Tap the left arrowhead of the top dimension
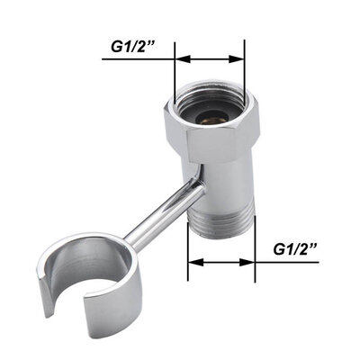click(180, 60)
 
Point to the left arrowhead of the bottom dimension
click(192, 263)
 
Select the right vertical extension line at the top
click(245, 67)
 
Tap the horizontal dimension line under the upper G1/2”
click(210, 60)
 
